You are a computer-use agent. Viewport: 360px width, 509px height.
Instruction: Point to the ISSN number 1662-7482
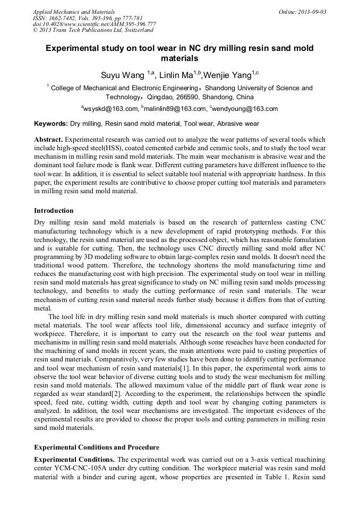pyautogui.click(x=63, y=18)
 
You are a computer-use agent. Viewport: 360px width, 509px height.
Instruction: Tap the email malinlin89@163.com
pyautogui.click(x=174, y=109)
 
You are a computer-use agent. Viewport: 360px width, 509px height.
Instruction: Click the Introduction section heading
pyautogui.click(x=54, y=211)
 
